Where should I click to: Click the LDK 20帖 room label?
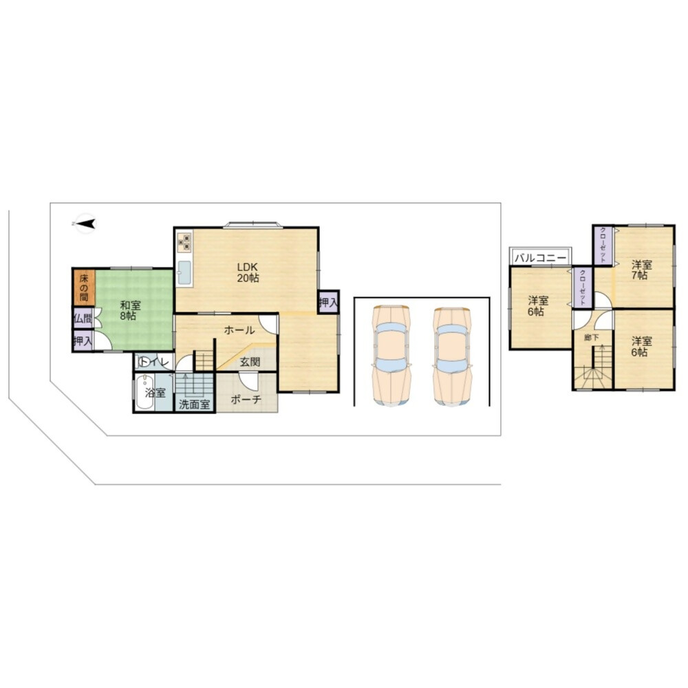[248, 272]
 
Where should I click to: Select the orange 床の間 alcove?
[83, 288]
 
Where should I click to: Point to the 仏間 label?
[83, 319]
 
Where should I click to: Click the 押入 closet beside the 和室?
[83, 341]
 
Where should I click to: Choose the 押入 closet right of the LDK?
[328, 302]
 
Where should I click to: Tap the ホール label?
[239, 330]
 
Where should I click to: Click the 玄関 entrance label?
[250, 362]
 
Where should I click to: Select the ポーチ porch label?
[246, 400]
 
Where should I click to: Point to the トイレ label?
[154, 363]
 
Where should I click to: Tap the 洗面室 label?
[194, 405]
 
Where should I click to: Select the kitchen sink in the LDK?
[184, 273]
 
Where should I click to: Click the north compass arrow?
[87, 224]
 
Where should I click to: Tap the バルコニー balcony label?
[541, 257]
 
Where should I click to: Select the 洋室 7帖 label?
[641, 270]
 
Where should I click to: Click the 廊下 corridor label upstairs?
[592, 337]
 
